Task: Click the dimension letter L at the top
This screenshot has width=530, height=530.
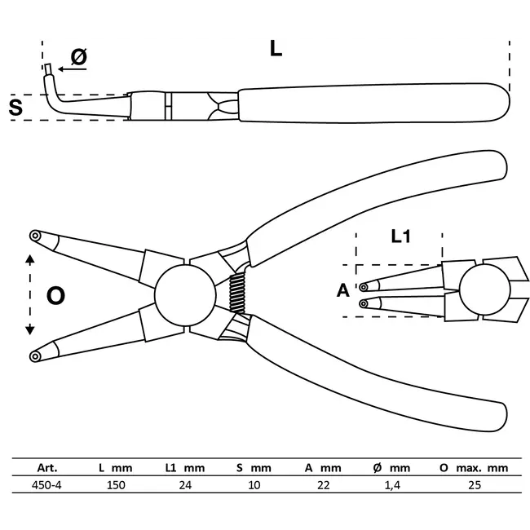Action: click(x=276, y=49)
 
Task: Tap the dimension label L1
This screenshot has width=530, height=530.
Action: click(x=400, y=237)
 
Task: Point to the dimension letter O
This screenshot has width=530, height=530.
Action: click(x=55, y=295)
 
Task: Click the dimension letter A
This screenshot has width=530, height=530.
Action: click(x=342, y=291)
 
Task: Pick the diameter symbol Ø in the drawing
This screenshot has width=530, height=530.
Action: click(x=79, y=56)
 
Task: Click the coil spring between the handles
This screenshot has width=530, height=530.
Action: click(x=237, y=295)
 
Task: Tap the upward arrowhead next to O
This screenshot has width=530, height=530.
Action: click(x=30, y=260)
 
